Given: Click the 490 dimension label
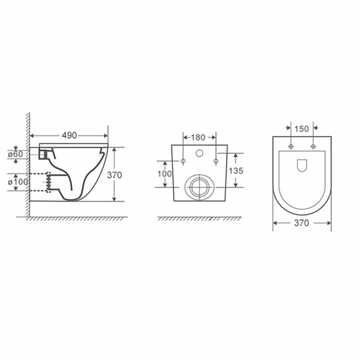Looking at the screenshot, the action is coord(69,135).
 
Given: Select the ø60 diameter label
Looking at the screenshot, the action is coord(16,154).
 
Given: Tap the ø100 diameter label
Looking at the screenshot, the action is coord(18,182).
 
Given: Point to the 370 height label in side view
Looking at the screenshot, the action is coord(115,175).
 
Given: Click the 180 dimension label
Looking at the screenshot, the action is coord(198,137).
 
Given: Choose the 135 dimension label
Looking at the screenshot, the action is coord(236,171).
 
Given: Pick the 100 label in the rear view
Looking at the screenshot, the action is coord(164,174).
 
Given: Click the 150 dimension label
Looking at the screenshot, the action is coord(302,129).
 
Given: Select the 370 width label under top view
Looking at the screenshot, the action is coord(302,223).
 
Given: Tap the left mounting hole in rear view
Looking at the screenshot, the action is coord(183,161).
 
